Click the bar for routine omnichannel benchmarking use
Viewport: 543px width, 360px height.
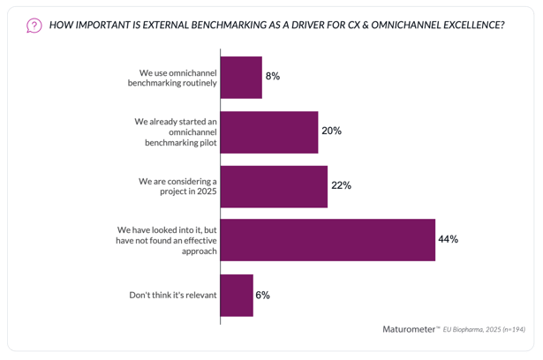pos(241,77)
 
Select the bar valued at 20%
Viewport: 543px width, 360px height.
pos(268,131)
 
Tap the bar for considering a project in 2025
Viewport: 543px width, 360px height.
pos(274,186)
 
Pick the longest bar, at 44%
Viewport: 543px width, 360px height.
pos(328,240)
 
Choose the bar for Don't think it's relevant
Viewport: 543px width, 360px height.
pos(237,295)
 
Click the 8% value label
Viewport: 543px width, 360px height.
pos(272,77)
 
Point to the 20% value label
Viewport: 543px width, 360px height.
pos(332,131)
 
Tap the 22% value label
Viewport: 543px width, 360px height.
pos(342,186)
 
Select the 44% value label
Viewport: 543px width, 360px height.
pos(448,240)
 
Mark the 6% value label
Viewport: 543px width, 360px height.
pos(262,295)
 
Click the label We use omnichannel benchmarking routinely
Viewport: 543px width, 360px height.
pos(169,77)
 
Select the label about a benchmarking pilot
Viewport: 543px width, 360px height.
pos(169,131)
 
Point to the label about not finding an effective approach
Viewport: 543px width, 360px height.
pos(168,240)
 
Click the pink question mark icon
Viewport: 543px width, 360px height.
pos(34,25)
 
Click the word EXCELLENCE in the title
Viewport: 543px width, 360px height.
pos(464,25)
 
